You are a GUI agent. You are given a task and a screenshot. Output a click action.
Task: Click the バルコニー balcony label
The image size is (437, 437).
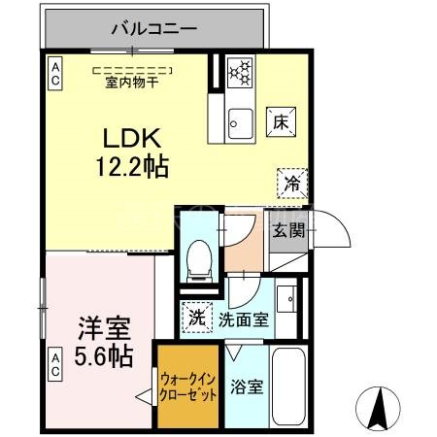coord(154,29)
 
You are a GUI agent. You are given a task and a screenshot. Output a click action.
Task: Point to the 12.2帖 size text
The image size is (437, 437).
coord(132,166)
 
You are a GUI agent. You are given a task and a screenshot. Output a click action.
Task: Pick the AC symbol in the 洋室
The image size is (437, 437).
coord(55,366)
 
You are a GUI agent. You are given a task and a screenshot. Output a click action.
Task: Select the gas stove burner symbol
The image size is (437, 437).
coord(240,72)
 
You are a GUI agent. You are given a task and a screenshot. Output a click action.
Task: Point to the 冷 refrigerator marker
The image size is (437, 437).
coord(290,182)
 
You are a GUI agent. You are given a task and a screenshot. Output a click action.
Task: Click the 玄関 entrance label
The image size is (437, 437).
coord(286,231)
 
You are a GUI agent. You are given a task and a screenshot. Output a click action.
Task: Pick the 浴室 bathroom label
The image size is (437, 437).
coord(246,387)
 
